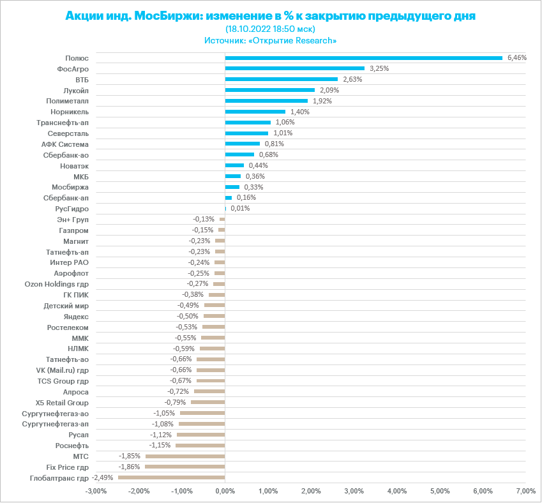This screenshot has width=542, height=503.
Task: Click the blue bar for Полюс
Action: coord(363,57)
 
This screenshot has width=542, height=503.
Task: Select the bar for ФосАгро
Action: coord(294,68)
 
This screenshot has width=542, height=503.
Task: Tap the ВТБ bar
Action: coord(281,79)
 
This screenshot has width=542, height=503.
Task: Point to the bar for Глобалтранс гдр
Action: coord(171,477)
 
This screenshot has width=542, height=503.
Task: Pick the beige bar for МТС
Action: coord(185,456)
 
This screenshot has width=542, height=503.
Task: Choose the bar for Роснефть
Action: coord(200,445)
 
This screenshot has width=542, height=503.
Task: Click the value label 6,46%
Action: coord(516,57)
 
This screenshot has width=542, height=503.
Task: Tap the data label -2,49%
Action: coord(103,477)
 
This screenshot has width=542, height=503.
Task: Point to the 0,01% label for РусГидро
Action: coord(240,208)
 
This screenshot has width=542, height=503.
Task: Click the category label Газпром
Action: coord(73,230)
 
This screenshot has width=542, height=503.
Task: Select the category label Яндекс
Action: coord(76,316)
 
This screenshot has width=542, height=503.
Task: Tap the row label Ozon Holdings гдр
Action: coord(56,283)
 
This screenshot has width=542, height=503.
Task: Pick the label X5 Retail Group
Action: coord(62,402)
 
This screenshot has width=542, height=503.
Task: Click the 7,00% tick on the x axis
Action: coord(525,491)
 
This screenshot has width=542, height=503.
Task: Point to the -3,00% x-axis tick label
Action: coord(96,491)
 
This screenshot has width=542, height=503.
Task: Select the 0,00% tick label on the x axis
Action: coord(225,491)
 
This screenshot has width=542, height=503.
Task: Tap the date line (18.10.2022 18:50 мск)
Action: coord(271,29)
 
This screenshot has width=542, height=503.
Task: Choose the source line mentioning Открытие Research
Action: coord(271,40)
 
